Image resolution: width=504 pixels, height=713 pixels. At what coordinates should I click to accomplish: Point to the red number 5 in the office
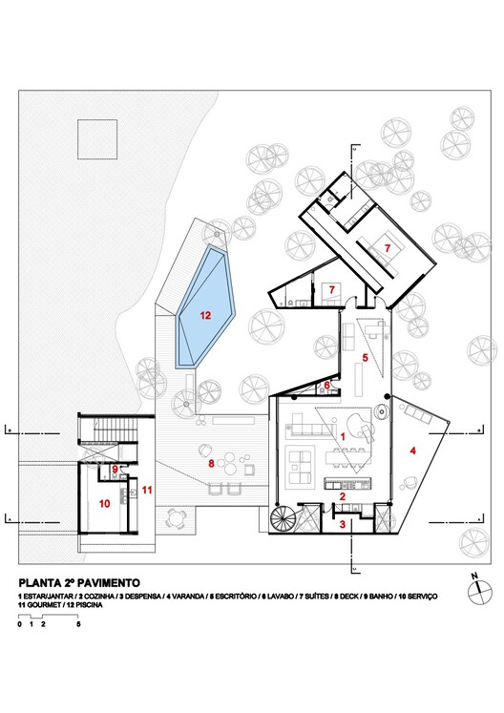[x=364, y=359]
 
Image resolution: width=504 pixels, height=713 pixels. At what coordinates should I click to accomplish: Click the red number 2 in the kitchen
[x=341, y=495]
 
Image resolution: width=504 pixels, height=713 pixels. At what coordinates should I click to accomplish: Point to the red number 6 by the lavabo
[x=326, y=386]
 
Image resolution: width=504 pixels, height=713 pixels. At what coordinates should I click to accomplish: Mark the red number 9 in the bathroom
[x=115, y=469]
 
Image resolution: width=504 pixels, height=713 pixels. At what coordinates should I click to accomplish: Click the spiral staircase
[x=284, y=522]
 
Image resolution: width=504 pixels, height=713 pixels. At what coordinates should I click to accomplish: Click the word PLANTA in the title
[x=42, y=581]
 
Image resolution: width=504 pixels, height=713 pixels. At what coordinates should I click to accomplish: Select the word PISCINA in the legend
[x=98, y=604]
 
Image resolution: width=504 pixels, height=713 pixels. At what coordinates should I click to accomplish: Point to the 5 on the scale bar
[x=78, y=624]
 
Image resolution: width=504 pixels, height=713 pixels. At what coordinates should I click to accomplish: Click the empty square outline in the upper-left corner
[x=95, y=139]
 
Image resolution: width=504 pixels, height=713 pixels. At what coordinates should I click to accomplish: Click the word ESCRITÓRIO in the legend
[x=229, y=596]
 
